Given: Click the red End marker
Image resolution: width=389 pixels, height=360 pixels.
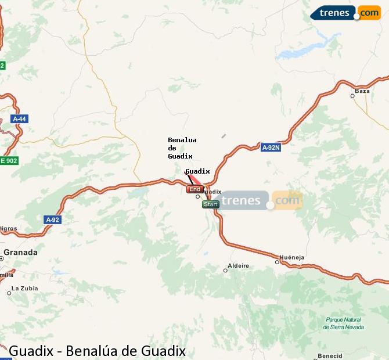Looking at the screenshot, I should [x=195, y=189].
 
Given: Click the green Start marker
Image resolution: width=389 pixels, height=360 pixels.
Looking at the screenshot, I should [x=211, y=204].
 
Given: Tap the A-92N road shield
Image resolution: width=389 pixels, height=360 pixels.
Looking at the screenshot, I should [x=271, y=147].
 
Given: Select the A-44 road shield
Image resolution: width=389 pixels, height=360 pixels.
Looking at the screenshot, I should [x=19, y=119].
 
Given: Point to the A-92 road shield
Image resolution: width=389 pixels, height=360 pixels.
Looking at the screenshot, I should [x=52, y=220].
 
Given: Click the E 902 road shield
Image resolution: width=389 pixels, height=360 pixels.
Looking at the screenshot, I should [x=9, y=161].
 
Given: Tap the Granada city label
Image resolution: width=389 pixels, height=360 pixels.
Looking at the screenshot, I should [x=20, y=253].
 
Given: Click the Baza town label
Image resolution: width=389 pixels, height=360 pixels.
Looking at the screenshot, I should [x=362, y=91].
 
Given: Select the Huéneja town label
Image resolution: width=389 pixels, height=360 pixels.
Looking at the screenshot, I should [x=291, y=257].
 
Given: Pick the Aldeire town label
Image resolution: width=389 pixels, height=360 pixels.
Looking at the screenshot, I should [x=238, y=266].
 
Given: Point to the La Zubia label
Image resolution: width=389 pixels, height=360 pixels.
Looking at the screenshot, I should [x=24, y=288].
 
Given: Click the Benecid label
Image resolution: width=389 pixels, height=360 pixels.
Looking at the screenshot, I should [x=330, y=355].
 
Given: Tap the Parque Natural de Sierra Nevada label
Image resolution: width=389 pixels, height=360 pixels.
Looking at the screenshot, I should [x=344, y=323].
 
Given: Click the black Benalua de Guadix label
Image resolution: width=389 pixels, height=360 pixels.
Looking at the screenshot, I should [x=182, y=148].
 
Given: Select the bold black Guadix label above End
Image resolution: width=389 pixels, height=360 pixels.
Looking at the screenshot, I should [x=197, y=171].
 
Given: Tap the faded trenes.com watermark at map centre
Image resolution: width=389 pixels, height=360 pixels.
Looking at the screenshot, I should [x=261, y=201].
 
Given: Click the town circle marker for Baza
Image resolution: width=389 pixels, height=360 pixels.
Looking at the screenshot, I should [x=352, y=96].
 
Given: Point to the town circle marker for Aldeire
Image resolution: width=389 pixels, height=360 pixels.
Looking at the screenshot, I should [x=225, y=270].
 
